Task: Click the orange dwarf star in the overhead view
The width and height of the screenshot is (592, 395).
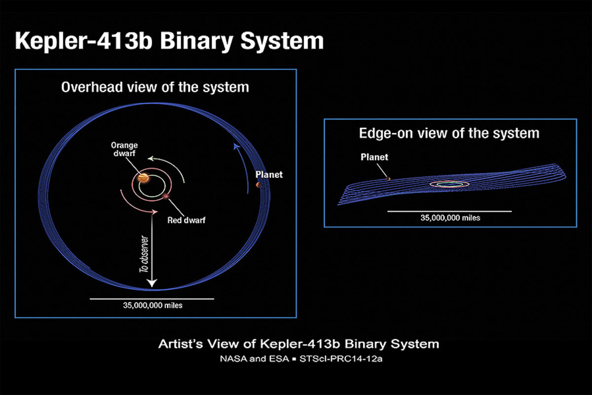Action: click(x=144, y=178)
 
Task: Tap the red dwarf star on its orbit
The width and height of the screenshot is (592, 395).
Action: click(x=166, y=197)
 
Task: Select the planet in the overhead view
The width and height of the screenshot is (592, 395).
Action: click(x=259, y=185)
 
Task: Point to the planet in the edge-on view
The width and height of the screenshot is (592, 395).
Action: click(x=388, y=179)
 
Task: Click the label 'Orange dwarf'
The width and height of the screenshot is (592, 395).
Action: click(x=124, y=149)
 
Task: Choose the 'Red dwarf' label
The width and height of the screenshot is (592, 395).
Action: click(x=186, y=220)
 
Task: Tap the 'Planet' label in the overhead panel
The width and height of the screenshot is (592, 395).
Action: click(x=269, y=175)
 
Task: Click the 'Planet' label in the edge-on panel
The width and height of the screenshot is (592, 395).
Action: click(x=374, y=157)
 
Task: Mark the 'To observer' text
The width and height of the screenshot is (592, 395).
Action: click(x=144, y=254)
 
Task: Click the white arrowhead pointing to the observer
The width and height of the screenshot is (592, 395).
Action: click(x=152, y=283)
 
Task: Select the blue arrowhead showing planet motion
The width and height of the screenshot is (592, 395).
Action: click(x=236, y=146)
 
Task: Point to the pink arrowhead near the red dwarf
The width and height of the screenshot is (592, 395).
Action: click(x=155, y=212)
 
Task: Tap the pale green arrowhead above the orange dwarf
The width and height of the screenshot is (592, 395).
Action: click(x=150, y=158)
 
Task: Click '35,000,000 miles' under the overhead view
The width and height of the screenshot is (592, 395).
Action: click(x=153, y=306)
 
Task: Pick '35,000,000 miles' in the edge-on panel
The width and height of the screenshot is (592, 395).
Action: click(x=450, y=218)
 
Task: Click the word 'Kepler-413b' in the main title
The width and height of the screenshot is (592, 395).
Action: click(x=84, y=41)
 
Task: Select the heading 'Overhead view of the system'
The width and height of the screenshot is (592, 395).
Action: click(x=155, y=87)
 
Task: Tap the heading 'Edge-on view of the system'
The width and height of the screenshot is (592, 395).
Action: click(x=449, y=133)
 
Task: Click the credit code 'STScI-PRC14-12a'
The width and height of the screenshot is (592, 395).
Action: click(x=341, y=359)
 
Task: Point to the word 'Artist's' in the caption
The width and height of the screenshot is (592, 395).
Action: click(x=181, y=344)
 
